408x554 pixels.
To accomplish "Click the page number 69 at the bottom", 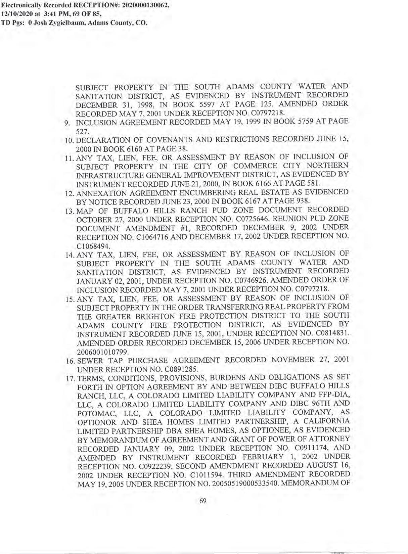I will pos(203,501).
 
